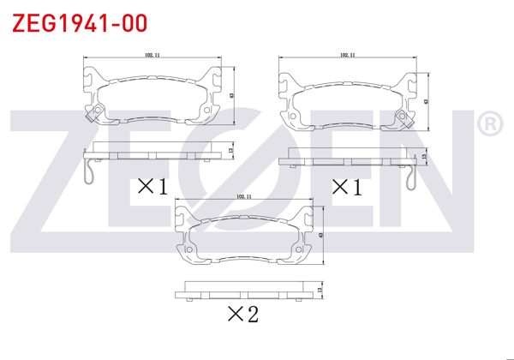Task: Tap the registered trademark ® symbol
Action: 489,125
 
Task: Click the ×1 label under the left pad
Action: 152,186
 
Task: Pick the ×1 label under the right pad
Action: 346,186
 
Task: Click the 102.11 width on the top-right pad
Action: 348,56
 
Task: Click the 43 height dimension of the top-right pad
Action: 426,100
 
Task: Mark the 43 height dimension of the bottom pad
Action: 320,235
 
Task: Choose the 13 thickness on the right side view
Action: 425,157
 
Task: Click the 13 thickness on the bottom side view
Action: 320,291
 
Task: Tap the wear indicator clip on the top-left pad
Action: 96,111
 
